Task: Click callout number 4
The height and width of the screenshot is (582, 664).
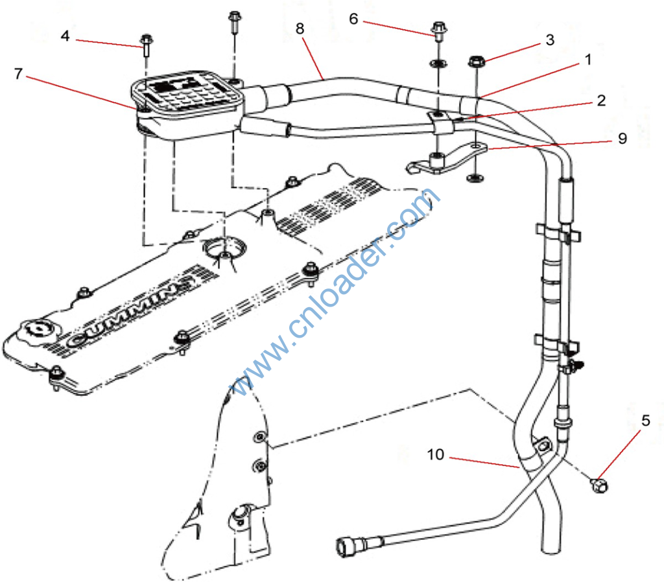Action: click(65, 36)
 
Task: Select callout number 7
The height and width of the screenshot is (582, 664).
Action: click(18, 73)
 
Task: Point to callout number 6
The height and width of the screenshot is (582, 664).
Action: click(353, 18)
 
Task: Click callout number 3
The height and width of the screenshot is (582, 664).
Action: click(550, 40)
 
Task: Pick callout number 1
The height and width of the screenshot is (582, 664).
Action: click(588, 60)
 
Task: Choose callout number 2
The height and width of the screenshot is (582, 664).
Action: click(601, 100)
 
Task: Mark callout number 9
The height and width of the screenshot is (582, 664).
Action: click(622, 138)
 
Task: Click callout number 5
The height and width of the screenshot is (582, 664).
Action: click(645, 421)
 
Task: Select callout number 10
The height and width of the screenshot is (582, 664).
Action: click(436, 455)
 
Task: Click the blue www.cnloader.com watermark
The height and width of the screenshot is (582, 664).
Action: click(337, 292)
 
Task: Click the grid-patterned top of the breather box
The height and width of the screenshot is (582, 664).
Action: click(187, 93)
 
